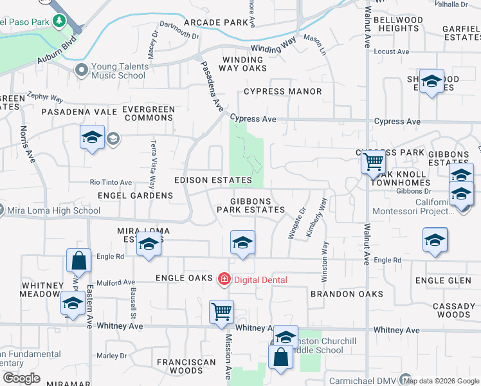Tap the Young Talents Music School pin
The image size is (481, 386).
tap(81, 69)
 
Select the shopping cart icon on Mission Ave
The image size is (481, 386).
tap(221, 311)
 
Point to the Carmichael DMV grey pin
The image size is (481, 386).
tap(405, 379)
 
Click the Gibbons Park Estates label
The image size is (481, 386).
tap(250, 205)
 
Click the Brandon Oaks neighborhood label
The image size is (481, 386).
tap(347, 294)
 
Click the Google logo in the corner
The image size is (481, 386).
tap(21, 378)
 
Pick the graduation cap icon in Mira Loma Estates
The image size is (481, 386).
tap(149, 244)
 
